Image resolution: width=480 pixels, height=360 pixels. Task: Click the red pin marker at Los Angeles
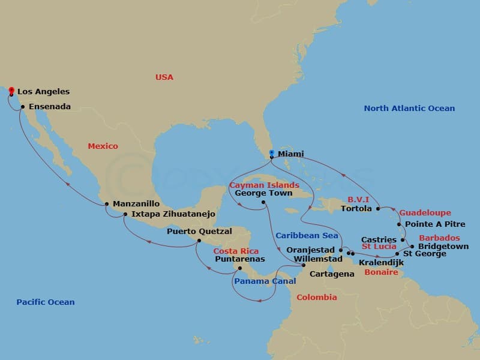pyautogui.click(x=11, y=91)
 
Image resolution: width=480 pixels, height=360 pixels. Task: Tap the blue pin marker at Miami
pyautogui.click(x=272, y=154)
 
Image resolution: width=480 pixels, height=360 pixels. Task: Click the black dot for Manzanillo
pyautogui.click(x=107, y=204)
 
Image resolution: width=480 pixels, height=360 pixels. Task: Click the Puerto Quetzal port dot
pyautogui.click(x=199, y=241)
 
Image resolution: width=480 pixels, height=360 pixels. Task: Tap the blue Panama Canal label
pyautogui.click(x=265, y=281)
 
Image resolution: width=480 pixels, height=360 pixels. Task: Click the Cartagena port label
pyautogui.click(x=332, y=274)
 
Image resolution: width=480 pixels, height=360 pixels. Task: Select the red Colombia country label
pyautogui.click(x=317, y=298)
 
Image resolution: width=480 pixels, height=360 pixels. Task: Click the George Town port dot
pyautogui.click(x=263, y=202)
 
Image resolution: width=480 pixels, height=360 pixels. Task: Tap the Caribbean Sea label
pyautogui.click(x=307, y=235)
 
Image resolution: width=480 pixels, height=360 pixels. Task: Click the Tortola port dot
pyautogui.click(x=378, y=209)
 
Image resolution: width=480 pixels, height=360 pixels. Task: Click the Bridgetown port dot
pyautogui.click(x=412, y=247)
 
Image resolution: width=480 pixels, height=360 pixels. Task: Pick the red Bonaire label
pyautogui.click(x=381, y=272)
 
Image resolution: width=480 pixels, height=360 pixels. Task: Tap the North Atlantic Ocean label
pyautogui.click(x=409, y=109)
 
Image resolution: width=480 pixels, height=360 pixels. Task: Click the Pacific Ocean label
pyautogui.click(x=46, y=302)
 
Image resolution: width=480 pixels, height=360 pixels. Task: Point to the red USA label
pyautogui.click(x=164, y=77)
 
